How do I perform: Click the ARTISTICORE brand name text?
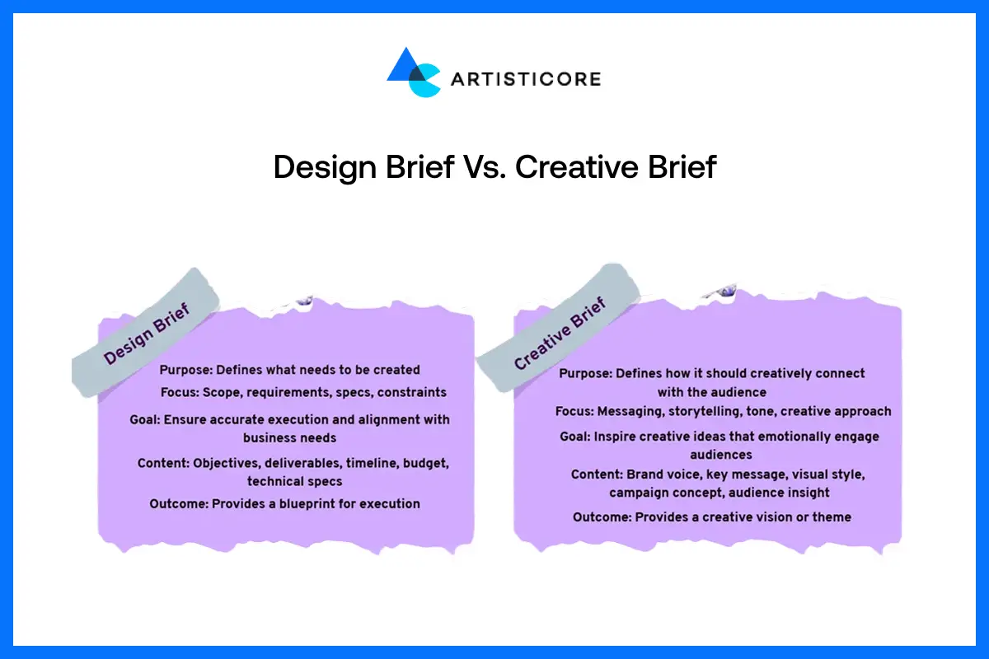(525, 79)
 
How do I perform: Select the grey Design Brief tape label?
(146, 334)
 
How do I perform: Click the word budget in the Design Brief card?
(428, 463)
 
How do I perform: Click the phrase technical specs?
(294, 481)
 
